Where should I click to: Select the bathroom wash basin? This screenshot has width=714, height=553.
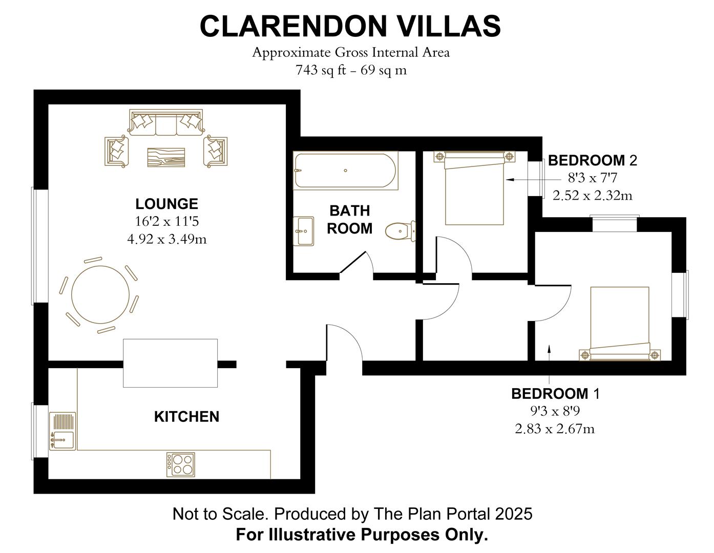coord(304,231)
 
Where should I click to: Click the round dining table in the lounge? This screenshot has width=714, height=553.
coord(100,295)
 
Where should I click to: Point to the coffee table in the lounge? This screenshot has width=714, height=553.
coord(166,157)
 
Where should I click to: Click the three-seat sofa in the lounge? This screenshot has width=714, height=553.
coord(166,123)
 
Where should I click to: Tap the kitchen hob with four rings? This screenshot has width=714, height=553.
coord(181,465)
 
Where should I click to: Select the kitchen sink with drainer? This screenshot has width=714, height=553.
coord(62,431)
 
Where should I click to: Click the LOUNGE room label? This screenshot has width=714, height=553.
coord(166,204)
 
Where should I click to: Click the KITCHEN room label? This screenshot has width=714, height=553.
coord(186,417)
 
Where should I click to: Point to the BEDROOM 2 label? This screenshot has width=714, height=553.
coord(592,161)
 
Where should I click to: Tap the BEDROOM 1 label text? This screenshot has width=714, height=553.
coord(555,394)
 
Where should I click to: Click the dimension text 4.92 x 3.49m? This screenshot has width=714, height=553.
coord(166,239)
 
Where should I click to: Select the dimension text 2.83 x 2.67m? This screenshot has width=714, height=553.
coord(555,429)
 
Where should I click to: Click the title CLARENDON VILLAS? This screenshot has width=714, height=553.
coord(350,26)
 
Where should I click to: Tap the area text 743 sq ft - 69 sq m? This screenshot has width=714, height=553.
coord(351,70)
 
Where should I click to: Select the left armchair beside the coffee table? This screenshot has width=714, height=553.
coord(116,151)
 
